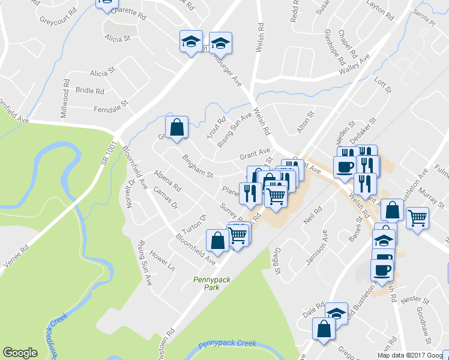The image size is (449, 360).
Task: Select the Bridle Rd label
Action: [90, 91]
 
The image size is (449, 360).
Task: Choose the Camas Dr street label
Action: [166, 197]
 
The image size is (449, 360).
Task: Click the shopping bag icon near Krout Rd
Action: [177, 127]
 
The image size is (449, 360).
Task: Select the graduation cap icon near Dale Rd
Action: [337, 313]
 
